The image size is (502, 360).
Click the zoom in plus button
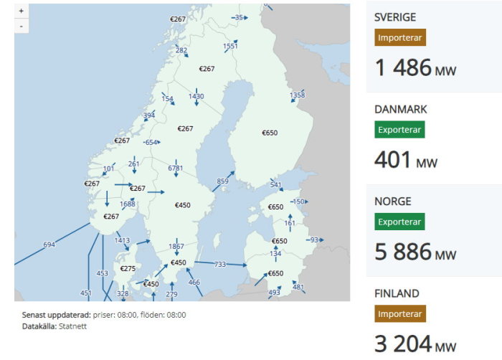pos(22,11)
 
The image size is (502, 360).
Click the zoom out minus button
pos(22,26)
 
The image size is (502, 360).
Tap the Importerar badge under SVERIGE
pos(401,38)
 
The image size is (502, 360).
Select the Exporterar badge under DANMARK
pos(399,130)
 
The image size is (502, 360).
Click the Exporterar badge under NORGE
pos(399,222)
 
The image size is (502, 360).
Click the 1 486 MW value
pos(415,68)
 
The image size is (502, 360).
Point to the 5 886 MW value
pos(415,252)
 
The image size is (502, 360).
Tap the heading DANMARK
pos(401,110)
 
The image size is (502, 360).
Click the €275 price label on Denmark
pos(128,268)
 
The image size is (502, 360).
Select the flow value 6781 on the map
pos(176,169)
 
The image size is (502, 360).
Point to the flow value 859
pos(222,181)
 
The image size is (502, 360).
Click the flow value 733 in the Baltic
pos(220,265)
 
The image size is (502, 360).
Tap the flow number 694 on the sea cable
pos(49,245)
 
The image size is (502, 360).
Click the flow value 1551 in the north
pos(230,46)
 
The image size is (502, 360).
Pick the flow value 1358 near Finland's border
pos(297,95)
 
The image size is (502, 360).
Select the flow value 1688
pos(128,204)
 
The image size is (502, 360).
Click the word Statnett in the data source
pos(72,326)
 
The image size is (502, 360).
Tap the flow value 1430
pos(196,96)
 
